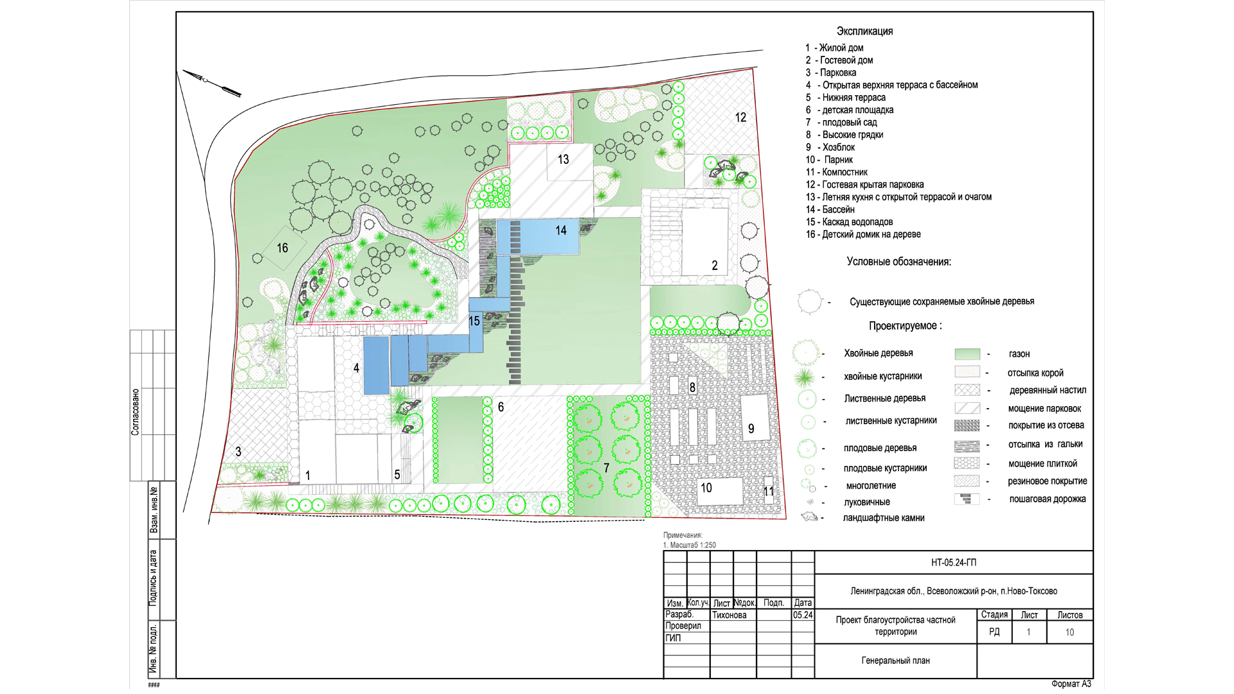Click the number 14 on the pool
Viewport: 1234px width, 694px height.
click(561, 230)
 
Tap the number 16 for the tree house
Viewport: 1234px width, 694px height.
click(282, 248)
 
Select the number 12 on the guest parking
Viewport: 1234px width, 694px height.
click(740, 118)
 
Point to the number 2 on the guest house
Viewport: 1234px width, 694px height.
click(714, 265)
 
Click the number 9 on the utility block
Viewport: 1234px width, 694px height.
click(751, 429)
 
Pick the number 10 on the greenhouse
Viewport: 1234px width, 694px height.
click(706, 488)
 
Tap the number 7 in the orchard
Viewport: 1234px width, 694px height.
click(606, 468)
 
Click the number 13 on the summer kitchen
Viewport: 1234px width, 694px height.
click(563, 159)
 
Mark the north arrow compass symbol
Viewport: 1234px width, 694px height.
click(212, 84)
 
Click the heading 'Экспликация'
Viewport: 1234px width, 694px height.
click(864, 31)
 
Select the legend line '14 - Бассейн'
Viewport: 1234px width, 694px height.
click(830, 209)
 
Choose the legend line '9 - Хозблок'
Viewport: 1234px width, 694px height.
click(830, 147)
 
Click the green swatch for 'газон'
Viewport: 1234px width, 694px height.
click(967, 354)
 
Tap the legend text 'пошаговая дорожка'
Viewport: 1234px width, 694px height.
click(1048, 499)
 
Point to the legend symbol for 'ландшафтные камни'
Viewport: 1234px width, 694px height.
click(809, 517)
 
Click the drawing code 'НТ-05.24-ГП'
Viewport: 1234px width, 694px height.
click(954, 563)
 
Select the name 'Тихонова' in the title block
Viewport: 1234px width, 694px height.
click(729, 615)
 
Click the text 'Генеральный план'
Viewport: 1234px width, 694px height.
click(896, 661)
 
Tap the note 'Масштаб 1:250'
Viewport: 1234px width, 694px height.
click(693, 545)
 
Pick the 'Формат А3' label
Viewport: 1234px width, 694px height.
click(1071, 684)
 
